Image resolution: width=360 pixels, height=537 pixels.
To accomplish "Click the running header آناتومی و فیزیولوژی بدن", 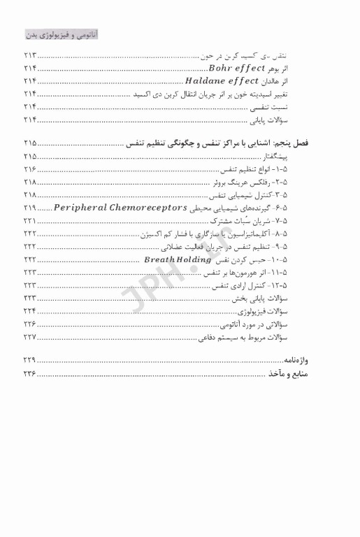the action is point(59,34).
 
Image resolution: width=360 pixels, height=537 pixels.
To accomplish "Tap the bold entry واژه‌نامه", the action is point(316,361).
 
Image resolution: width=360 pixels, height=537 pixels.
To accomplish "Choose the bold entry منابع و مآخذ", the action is point(308,374).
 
